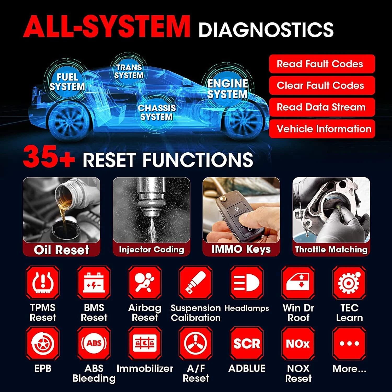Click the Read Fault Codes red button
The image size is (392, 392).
pyautogui.click(x=322, y=64)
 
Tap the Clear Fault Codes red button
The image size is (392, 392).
pyautogui.click(x=322, y=85)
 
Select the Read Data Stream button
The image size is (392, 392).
pyautogui.click(x=322, y=107)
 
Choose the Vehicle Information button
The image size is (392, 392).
pyautogui.click(x=322, y=129)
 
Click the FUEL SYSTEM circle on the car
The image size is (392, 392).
pyautogui.click(x=67, y=82)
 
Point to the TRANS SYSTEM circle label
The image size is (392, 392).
pyautogui.click(x=129, y=71)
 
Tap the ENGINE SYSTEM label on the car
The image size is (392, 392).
pyautogui.click(x=227, y=89)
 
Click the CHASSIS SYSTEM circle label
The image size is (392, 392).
pyautogui.click(x=157, y=112)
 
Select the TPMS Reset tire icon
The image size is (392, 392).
pyautogui.click(x=43, y=283)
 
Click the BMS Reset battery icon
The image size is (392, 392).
pyautogui.click(x=94, y=283)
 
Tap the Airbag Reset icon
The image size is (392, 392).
pyautogui.click(x=145, y=283)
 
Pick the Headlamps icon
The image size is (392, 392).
pyautogui.click(x=247, y=283)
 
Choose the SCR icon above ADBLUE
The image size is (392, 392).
pyautogui.click(x=247, y=343)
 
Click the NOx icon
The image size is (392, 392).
pyautogui.click(x=298, y=343)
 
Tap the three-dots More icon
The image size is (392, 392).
pyautogui.click(x=349, y=343)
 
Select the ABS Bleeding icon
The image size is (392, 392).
pyautogui.click(x=94, y=343)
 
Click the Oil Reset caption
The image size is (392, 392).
pyautogui.click(x=62, y=250)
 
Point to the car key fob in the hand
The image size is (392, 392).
pyautogui.click(x=242, y=217)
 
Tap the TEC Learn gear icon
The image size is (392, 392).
pyautogui.click(x=349, y=283)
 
